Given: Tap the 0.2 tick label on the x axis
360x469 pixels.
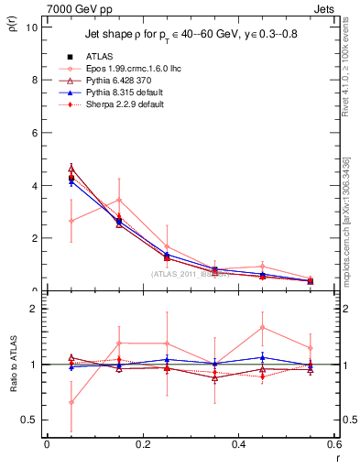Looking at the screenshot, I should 142,444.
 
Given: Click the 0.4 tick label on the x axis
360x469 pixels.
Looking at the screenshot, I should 238,444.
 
